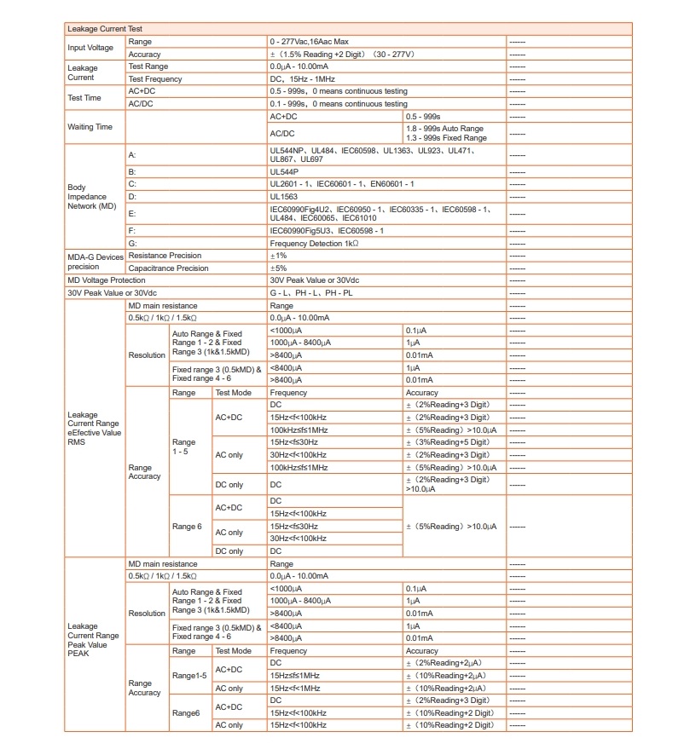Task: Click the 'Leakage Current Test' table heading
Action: pyautogui.click(x=99, y=29)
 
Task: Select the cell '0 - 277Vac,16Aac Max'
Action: pyautogui.click(x=309, y=41)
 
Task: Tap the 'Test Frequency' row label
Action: pyautogui.click(x=155, y=78)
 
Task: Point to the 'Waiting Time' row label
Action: pyautogui.click(x=90, y=127)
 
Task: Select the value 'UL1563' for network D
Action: pyautogui.click(x=284, y=196)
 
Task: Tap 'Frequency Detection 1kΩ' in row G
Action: pyautogui.click(x=314, y=243)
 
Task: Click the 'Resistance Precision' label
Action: pyautogui.click(x=165, y=255)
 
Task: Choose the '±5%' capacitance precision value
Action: pyautogui.click(x=279, y=268)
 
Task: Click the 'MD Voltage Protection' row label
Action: pyautogui.click(x=107, y=280)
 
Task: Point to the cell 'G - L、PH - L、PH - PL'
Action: pyautogui.click(x=312, y=292)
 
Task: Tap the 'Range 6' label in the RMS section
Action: pyautogui.click(x=188, y=527)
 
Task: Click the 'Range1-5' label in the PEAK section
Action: pyautogui.click(x=189, y=675)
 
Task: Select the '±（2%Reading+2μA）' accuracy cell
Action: pyautogui.click(x=446, y=662)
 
